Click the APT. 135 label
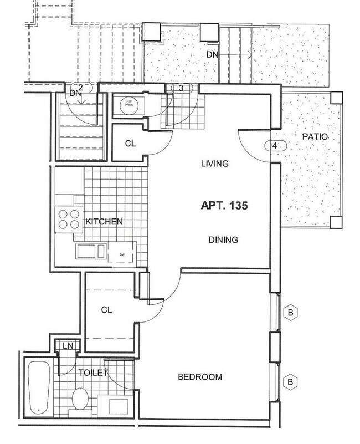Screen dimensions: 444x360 pos(223,205)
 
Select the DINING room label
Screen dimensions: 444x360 pos(223,240)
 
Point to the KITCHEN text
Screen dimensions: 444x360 pos(104,222)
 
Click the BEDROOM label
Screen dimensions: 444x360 pos(200,377)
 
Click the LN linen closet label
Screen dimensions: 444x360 pos(68,346)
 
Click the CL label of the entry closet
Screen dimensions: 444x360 pos(130,144)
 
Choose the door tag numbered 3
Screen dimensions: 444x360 pos(181,88)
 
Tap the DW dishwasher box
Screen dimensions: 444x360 pos(122,255)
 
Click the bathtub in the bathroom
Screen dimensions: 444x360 pos(39,388)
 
